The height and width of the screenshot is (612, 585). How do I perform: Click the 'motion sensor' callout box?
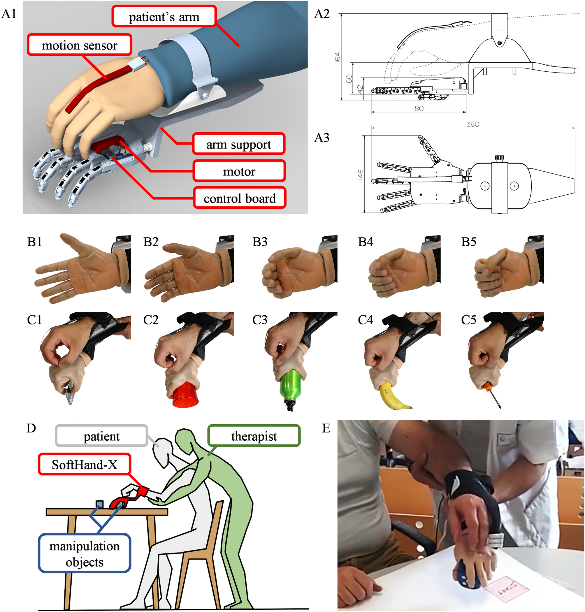(x=80, y=45)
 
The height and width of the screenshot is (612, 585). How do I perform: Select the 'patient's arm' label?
(x=164, y=16)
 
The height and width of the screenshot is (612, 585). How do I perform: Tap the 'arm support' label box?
(x=239, y=144)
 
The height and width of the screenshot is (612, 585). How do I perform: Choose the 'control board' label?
(x=240, y=198)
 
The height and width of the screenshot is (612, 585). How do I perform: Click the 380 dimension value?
(x=473, y=124)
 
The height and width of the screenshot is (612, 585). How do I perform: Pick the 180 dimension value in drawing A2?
(x=418, y=108)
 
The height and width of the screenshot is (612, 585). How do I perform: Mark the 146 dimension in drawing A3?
(x=361, y=175)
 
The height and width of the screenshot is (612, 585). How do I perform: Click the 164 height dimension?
(x=338, y=57)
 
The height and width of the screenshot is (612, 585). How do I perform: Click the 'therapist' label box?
(x=254, y=436)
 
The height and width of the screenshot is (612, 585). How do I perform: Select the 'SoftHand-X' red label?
(x=85, y=464)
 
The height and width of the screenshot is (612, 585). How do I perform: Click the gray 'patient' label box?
(x=101, y=436)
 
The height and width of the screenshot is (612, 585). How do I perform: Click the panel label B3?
(x=260, y=242)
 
